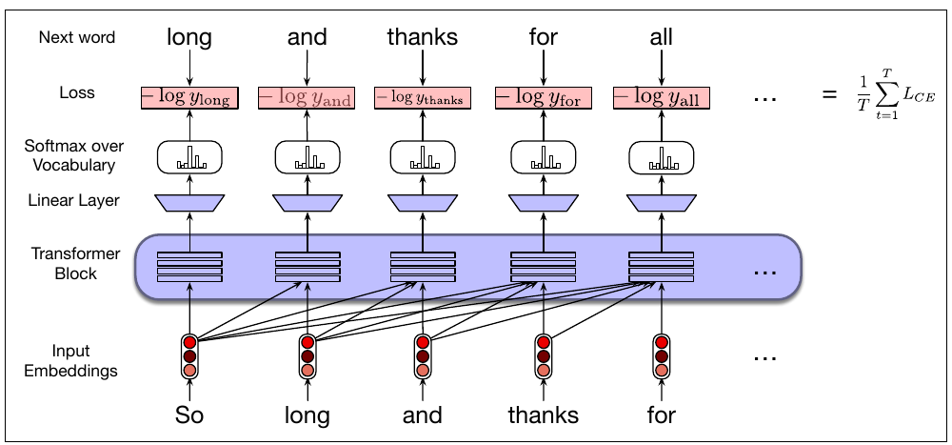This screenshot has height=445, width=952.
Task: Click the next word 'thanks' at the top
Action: [x=422, y=37]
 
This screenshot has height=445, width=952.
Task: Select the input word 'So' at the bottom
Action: [x=189, y=415]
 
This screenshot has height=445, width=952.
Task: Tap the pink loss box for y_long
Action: [x=189, y=96]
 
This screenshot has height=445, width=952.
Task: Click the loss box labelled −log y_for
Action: [x=544, y=96]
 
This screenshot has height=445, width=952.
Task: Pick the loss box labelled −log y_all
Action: [x=661, y=96]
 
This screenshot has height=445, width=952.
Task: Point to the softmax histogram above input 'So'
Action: [x=189, y=157]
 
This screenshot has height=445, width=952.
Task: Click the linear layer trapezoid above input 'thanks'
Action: [x=543, y=202]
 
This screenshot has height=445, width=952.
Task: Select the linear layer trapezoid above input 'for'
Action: [x=661, y=202]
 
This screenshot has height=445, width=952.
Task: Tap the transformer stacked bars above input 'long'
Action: [x=307, y=266]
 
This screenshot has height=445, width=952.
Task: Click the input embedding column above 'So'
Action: [x=189, y=356]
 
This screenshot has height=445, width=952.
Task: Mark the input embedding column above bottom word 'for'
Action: [x=661, y=356]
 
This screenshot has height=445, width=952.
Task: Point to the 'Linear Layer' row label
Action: [x=76, y=202]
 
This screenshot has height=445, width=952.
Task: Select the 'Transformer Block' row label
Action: [x=76, y=264]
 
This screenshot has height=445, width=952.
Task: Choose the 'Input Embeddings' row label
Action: [x=76, y=361]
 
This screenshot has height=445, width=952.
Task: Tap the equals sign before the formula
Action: [x=827, y=96]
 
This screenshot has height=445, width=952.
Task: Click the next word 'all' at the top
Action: [x=661, y=37]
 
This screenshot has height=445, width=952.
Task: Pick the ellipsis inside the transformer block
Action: [x=765, y=272]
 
